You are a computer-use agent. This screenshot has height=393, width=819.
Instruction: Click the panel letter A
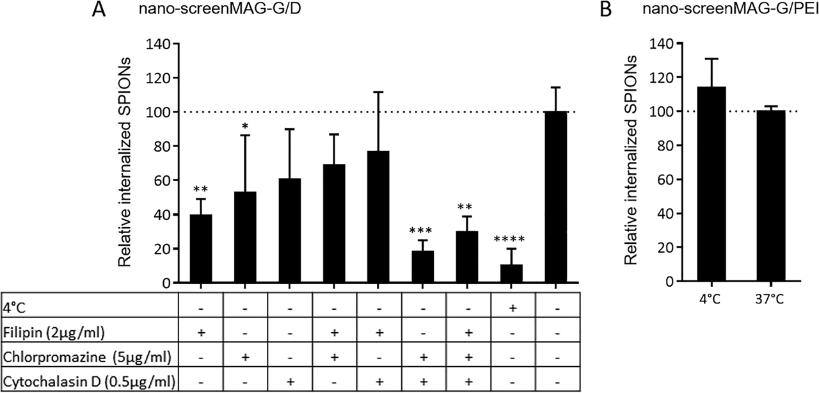(99, 10)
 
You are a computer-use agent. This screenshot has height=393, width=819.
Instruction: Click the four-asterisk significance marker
(509, 241)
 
